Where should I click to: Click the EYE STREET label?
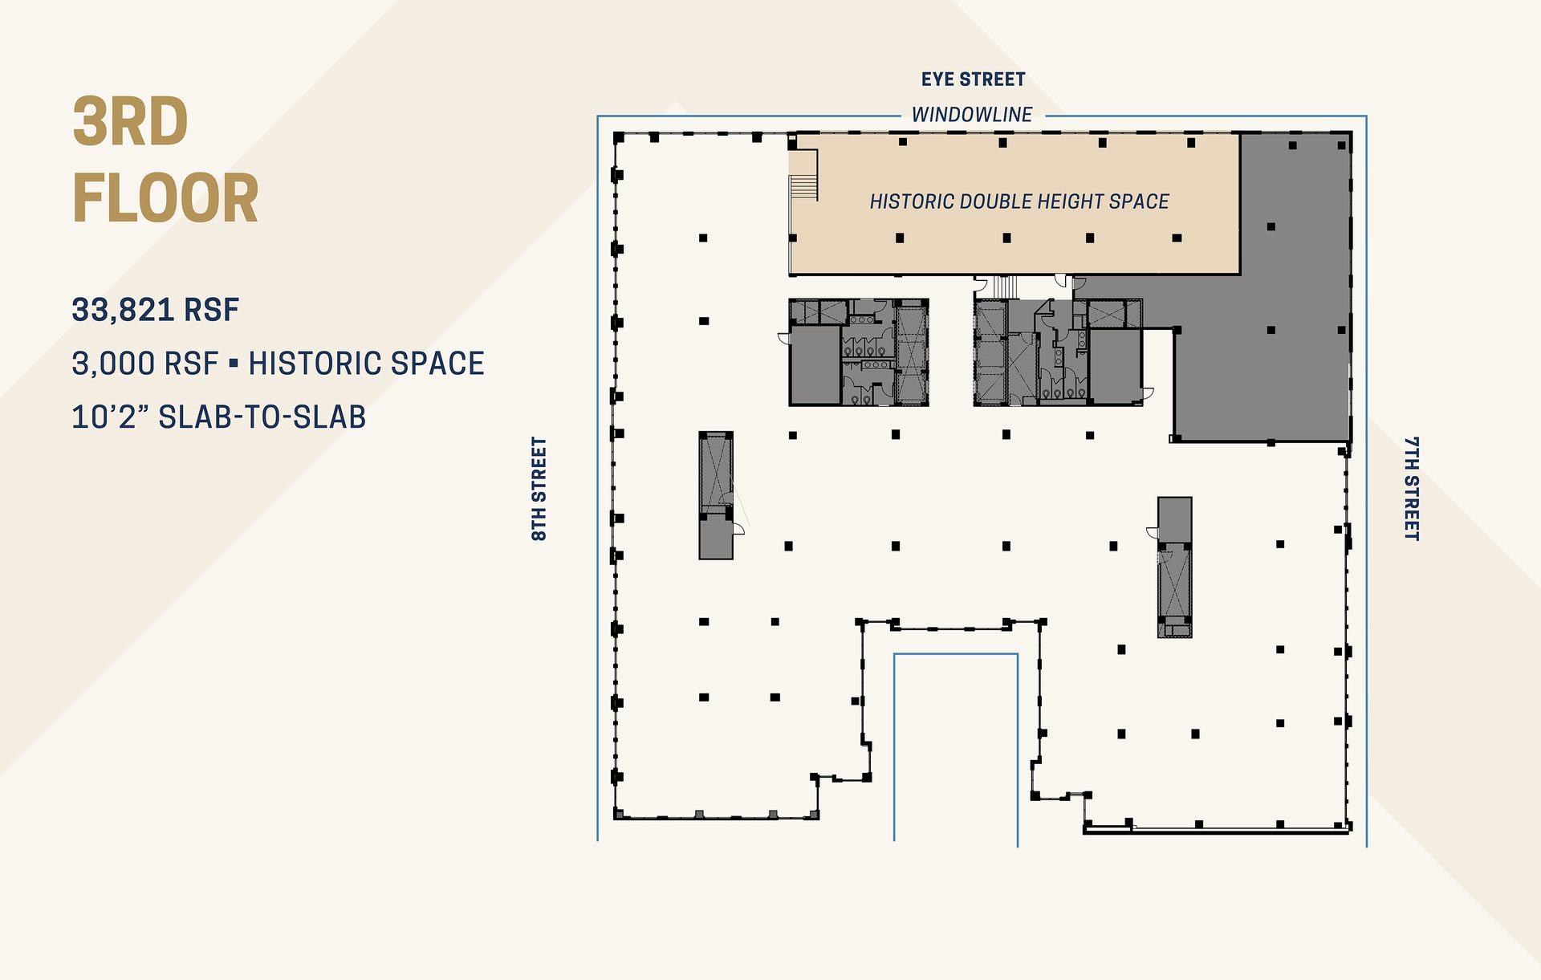973,79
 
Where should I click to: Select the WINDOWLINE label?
972,115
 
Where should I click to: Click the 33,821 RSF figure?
156,310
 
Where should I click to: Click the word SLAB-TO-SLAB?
262,417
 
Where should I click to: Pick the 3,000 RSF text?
144,364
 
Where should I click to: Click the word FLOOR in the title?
165,199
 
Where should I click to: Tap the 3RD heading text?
131,122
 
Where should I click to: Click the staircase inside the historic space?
803,186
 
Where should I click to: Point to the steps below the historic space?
1005,286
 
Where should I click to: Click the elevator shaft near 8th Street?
716,474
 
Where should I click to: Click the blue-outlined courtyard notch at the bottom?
956,746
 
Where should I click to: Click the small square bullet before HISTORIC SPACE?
234,364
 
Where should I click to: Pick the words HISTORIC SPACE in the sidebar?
366,364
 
